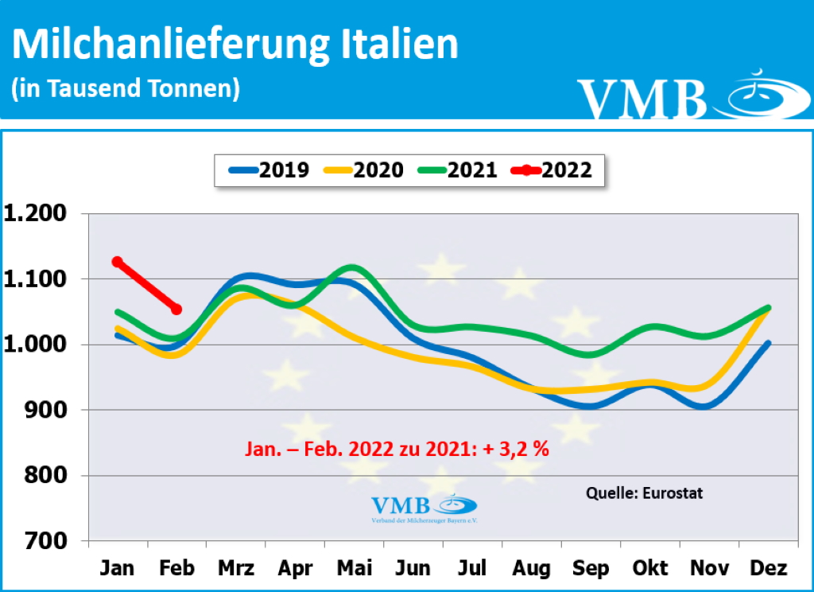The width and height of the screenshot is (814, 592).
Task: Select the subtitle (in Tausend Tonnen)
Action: click(x=126, y=88)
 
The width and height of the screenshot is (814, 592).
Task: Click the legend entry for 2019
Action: click(x=269, y=169)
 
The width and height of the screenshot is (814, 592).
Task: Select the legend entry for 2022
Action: click(x=552, y=169)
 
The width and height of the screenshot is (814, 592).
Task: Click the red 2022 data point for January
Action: click(x=118, y=262)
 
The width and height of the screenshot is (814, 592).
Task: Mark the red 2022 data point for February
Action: click(x=176, y=310)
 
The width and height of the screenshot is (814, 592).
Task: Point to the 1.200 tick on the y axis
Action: click(x=38, y=214)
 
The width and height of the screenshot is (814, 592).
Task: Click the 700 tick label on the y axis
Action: click(x=50, y=541)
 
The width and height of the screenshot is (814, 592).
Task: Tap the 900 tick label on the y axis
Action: click(x=50, y=411)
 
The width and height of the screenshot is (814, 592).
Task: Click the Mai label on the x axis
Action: click(x=354, y=568)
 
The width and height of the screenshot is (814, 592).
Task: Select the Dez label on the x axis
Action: click(x=768, y=568)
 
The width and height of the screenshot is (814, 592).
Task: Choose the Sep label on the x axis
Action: click(x=590, y=568)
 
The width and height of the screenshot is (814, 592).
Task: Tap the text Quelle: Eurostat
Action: click(x=644, y=493)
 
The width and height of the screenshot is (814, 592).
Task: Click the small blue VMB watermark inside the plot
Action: click(x=424, y=507)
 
